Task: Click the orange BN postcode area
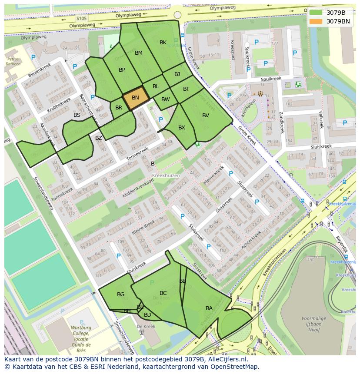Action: (x=136, y=98)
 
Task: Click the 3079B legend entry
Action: (x=335, y=12)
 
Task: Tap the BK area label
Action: (x=163, y=43)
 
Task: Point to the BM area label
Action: (x=139, y=53)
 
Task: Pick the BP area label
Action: (x=122, y=70)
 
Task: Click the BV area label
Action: (x=206, y=116)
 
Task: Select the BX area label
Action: (x=182, y=128)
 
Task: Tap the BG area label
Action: (x=120, y=295)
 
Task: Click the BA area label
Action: (x=209, y=308)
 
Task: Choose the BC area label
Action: (x=163, y=293)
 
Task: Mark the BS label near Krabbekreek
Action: (x=77, y=115)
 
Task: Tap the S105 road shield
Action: (x=81, y=19)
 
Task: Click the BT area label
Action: (x=186, y=89)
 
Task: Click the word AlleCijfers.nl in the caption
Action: (x=226, y=360)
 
